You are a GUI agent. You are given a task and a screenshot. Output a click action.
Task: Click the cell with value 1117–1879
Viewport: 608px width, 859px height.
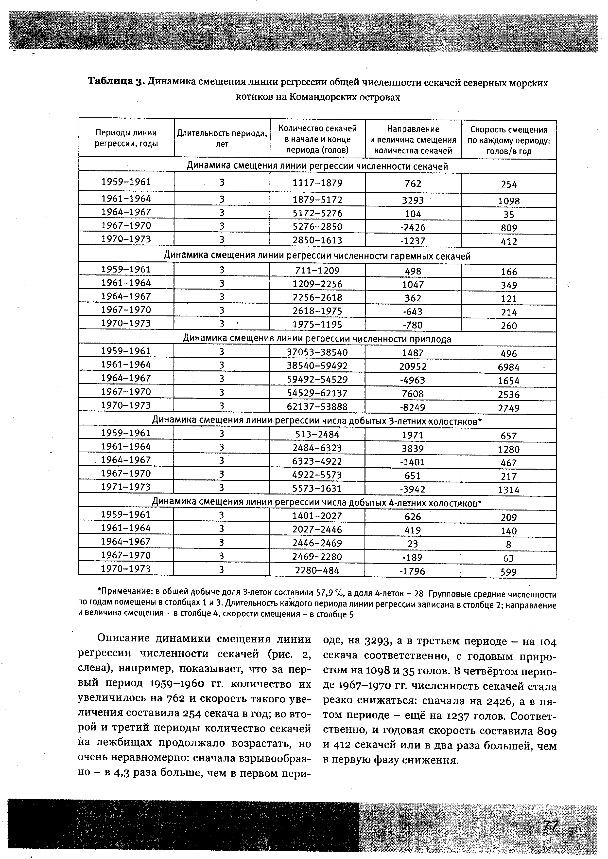point(317,183)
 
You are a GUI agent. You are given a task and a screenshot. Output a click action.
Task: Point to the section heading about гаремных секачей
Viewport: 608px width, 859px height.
point(317,256)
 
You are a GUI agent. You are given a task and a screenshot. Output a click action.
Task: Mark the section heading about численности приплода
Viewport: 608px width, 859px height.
point(317,339)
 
